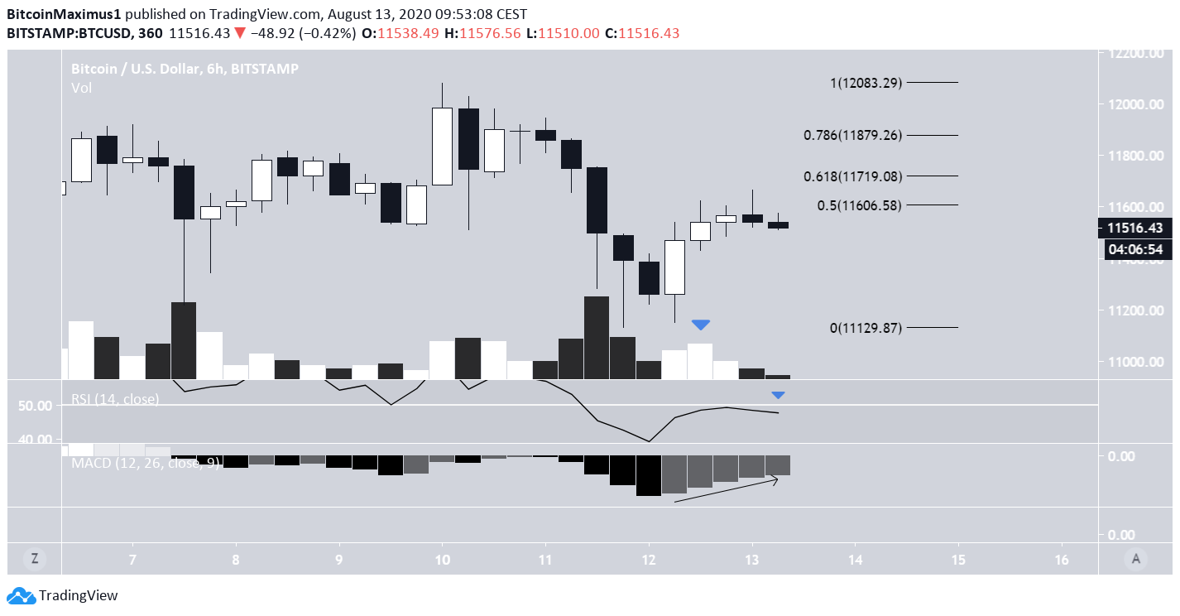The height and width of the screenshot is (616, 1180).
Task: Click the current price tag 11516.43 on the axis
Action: click(1135, 228)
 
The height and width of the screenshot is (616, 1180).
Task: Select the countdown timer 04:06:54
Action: click(1135, 248)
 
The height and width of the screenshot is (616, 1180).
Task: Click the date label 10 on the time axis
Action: click(442, 560)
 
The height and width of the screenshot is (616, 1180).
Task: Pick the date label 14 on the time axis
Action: click(855, 560)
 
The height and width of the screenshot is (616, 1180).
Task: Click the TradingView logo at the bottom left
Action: click(63, 595)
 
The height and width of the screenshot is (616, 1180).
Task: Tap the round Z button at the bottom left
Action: click(35, 559)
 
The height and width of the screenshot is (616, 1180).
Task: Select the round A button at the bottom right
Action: click(1136, 559)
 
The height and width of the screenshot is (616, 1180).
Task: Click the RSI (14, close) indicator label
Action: click(114, 399)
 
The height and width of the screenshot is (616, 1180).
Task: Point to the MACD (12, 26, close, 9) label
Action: click(146, 463)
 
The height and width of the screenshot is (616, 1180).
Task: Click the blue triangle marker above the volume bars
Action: click(701, 325)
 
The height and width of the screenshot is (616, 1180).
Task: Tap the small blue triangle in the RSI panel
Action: click(778, 395)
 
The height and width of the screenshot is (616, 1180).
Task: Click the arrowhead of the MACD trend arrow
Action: click(775, 479)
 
